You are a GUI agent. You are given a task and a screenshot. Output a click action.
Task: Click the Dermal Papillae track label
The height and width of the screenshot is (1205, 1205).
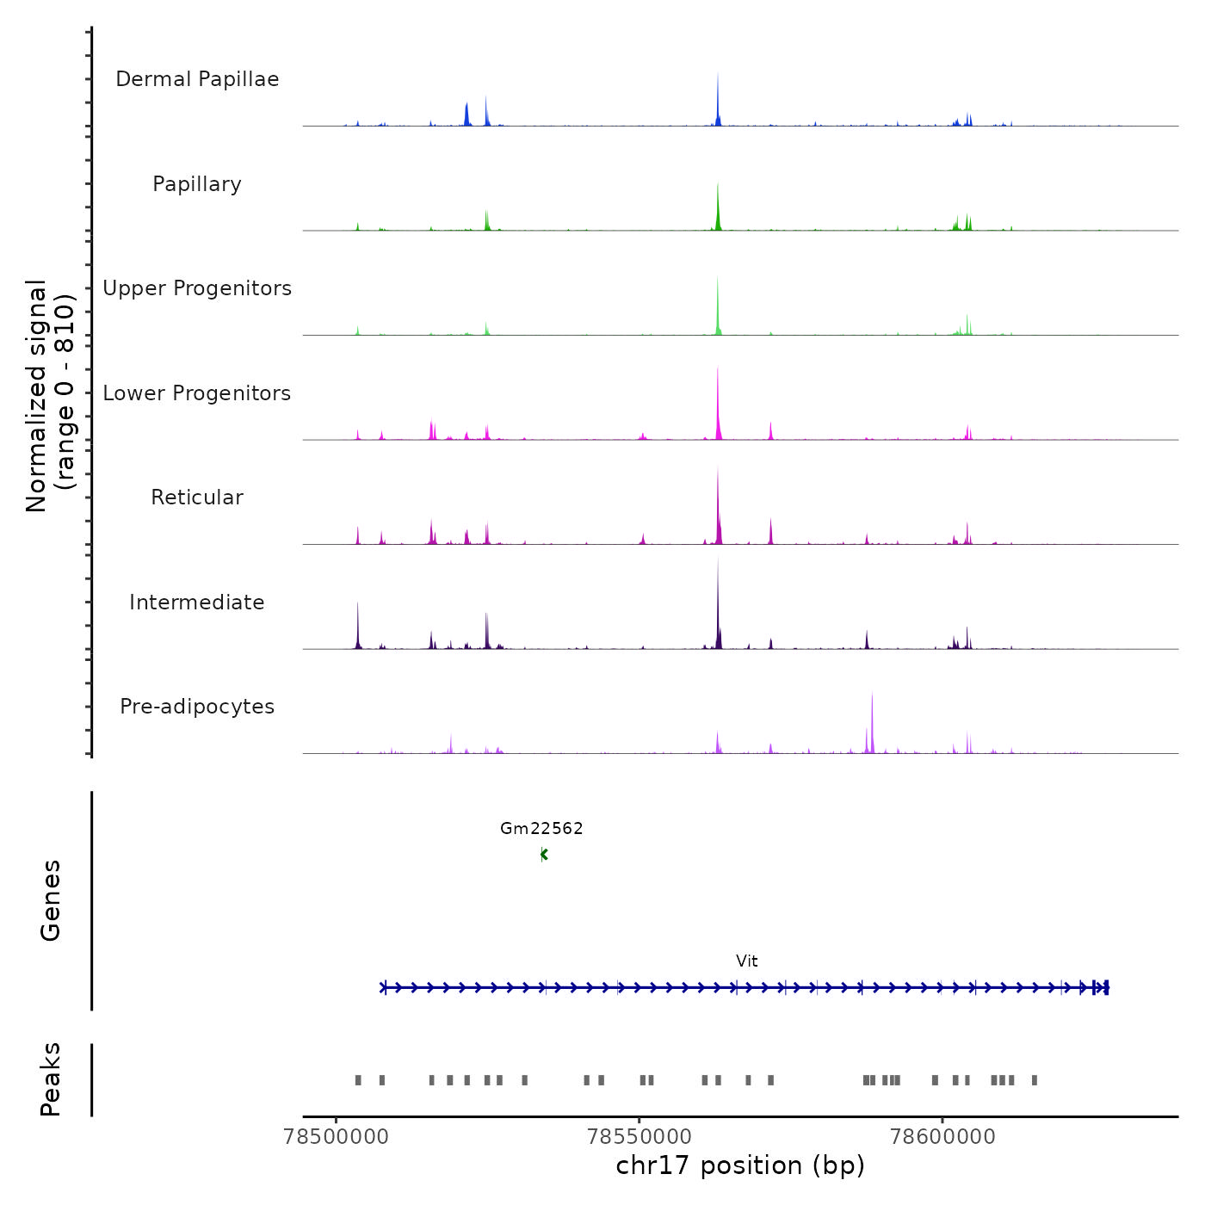pyautogui.click(x=197, y=79)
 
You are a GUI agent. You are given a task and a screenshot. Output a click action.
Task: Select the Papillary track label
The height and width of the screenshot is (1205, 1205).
pyautogui.click(x=197, y=184)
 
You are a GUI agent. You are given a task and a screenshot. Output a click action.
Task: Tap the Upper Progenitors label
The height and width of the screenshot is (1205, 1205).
pyautogui.click(x=197, y=288)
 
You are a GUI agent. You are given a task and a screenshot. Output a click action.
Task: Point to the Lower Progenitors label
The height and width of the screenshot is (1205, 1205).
pyautogui.click(x=197, y=393)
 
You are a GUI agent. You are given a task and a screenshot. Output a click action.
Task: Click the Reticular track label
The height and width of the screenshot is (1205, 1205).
pyautogui.click(x=197, y=497)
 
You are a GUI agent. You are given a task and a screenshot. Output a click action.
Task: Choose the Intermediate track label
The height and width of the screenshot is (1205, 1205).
pyautogui.click(x=197, y=602)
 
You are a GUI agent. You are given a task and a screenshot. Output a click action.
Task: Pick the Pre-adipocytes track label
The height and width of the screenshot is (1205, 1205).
pyautogui.click(x=197, y=707)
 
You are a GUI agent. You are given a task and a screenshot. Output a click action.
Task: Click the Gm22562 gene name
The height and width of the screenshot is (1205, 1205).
pyautogui.click(x=541, y=828)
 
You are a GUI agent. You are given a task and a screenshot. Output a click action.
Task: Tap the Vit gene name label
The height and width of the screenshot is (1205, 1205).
pyautogui.click(x=746, y=961)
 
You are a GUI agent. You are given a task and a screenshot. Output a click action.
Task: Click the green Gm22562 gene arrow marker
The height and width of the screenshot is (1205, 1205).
pyautogui.click(x=543, y=855)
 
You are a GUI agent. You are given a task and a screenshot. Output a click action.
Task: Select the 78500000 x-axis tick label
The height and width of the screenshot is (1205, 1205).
pyautogui.click(x=336, y=1137)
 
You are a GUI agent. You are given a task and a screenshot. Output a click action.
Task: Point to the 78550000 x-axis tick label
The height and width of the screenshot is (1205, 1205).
pyautogui.click(x=639, y=1137)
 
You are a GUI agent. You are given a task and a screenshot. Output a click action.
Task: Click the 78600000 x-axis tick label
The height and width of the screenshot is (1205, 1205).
pyautogui.click(x=942, y=1137)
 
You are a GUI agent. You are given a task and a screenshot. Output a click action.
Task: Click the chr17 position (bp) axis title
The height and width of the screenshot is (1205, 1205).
pyautogui.click(x=740, y=1165)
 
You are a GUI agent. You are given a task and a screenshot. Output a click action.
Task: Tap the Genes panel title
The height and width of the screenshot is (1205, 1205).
pyautogui.click(x=51, y=900)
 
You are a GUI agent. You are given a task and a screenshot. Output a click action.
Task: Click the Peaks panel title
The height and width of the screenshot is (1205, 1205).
pyautogui.click(x=51, y=1079)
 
